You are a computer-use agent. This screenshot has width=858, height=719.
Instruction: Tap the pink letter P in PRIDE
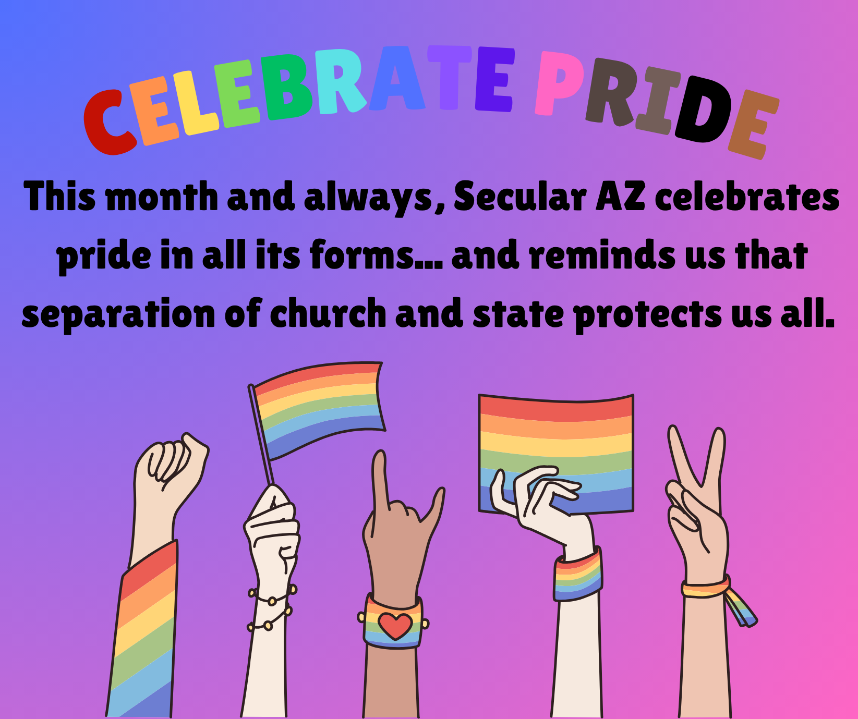pyautogui.click(x=560, y=82)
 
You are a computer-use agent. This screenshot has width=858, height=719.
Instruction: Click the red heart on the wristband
pyautogui.click(x=395, y=625)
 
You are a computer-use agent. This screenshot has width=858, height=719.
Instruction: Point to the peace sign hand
pyautogui.click(x=697, y=501)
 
